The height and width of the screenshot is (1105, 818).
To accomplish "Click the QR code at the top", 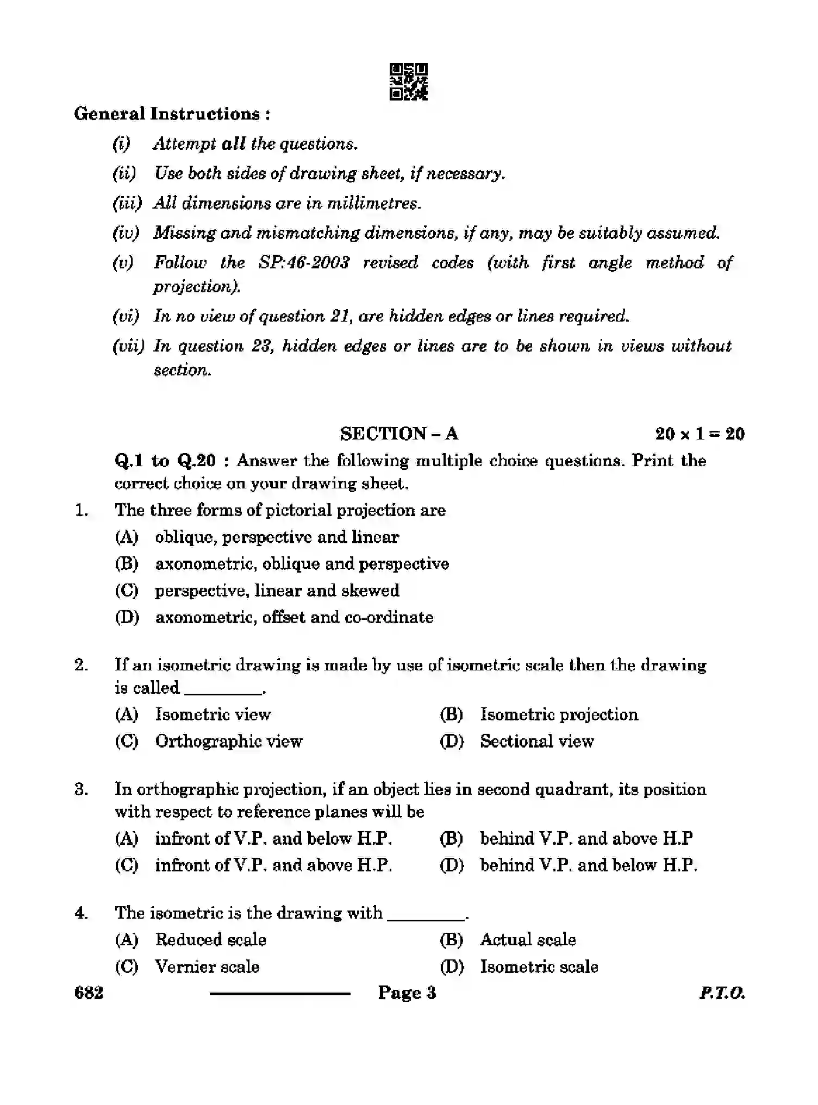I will coord(408,82).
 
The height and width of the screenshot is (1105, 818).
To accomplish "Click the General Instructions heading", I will coord(172,114).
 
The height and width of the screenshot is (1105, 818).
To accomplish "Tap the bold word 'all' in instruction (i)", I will coord(234,144).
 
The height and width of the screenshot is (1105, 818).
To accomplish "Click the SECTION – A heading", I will coord(399,434).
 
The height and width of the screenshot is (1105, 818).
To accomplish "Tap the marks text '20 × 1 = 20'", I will coord(699,434).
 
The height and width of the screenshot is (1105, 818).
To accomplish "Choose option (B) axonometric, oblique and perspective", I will coord(302,564).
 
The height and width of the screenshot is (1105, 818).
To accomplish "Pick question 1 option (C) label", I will coord(127,591).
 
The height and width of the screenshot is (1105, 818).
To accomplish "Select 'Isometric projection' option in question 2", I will coord(559,714).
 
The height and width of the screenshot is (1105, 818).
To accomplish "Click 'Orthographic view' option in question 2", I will coord(229,741).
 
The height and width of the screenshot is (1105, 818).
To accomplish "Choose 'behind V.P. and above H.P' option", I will coord(586,838).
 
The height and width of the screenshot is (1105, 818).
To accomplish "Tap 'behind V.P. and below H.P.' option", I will coord(588,865).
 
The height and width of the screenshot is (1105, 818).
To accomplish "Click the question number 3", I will coord(81,789).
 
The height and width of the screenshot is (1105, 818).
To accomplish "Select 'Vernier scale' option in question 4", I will coord(207,966).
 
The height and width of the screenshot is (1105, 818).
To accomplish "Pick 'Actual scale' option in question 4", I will coord(528,940).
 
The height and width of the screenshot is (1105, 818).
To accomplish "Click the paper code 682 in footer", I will coord(89,993).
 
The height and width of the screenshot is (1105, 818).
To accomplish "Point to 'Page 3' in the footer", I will coord(407,993).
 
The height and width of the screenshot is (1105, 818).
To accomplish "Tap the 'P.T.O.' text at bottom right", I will coord(722,994).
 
